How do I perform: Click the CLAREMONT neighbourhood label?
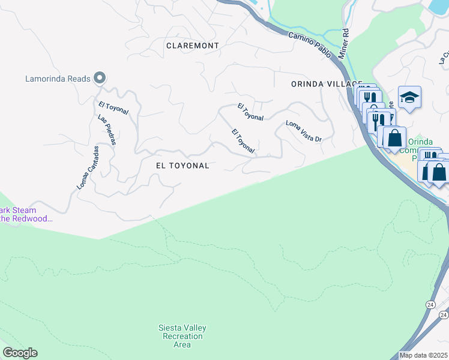click(x=193, y=46)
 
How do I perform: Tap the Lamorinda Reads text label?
click(x=58, y=79)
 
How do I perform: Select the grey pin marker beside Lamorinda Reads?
click(x=100, y=78)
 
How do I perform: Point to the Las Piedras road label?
click(x=107, y=131)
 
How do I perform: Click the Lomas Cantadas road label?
click(x=87, y=169)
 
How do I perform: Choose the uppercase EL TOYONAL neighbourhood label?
click(x=182, y=166)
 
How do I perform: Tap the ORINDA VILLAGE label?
click(x=327, y=84)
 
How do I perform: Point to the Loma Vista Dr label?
click(x=304, y=131)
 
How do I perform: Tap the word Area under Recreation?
click(x=182, y=344)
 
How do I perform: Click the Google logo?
click(x=20, y=353)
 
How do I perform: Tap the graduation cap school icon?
click(x=409, y=97)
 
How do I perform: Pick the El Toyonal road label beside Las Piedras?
click(x=113, y=108)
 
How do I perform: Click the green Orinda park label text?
click(x=420, y=142)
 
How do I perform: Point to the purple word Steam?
click(x=25, y=211)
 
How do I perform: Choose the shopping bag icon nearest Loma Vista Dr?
click(x=395, y=138)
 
